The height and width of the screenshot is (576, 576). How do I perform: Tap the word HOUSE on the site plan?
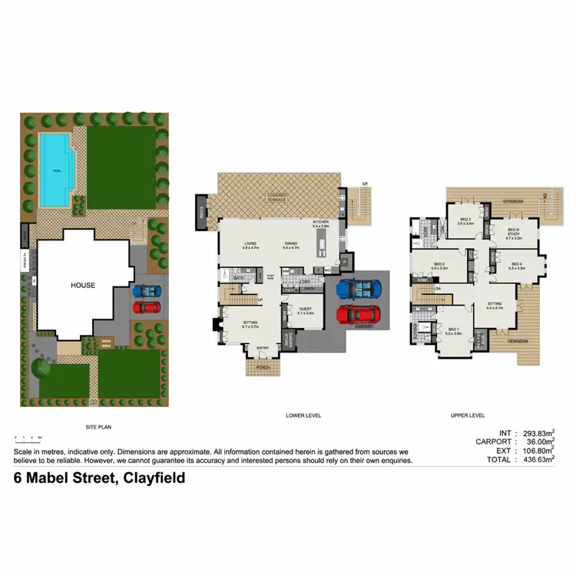point(83,285)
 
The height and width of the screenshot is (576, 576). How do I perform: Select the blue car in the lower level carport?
point(358,290)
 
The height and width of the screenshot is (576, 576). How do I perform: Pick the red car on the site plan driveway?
point(146,307)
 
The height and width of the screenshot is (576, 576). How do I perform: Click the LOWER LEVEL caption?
point(303,415)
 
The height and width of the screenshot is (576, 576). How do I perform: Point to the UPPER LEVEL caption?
point(468,415)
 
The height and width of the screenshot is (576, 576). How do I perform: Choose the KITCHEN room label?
point(320,223)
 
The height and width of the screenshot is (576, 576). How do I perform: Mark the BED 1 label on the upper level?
point(453,331)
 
